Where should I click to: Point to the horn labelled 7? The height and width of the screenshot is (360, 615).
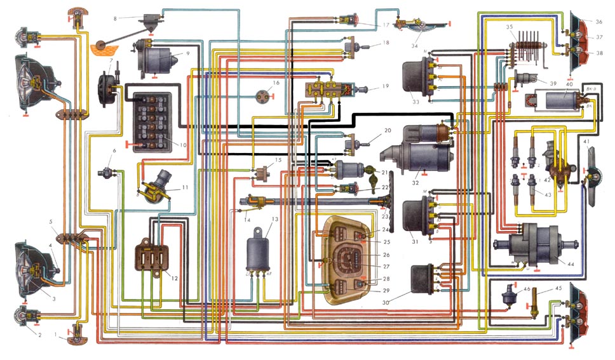(x=105, y=85)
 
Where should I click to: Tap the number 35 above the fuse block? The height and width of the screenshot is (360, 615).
(x=510, y=27)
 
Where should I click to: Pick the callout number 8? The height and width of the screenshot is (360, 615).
(x=116, y=19)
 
